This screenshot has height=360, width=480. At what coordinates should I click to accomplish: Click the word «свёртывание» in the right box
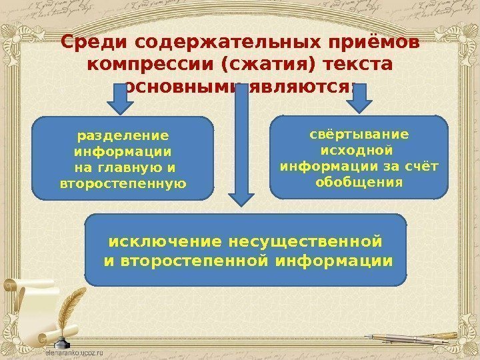(360, 134)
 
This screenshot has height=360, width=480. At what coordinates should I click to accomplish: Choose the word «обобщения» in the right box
(360, 181)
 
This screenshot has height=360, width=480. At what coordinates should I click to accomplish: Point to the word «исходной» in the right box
(360, 150)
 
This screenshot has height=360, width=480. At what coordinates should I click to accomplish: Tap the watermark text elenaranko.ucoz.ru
(79, 350)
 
